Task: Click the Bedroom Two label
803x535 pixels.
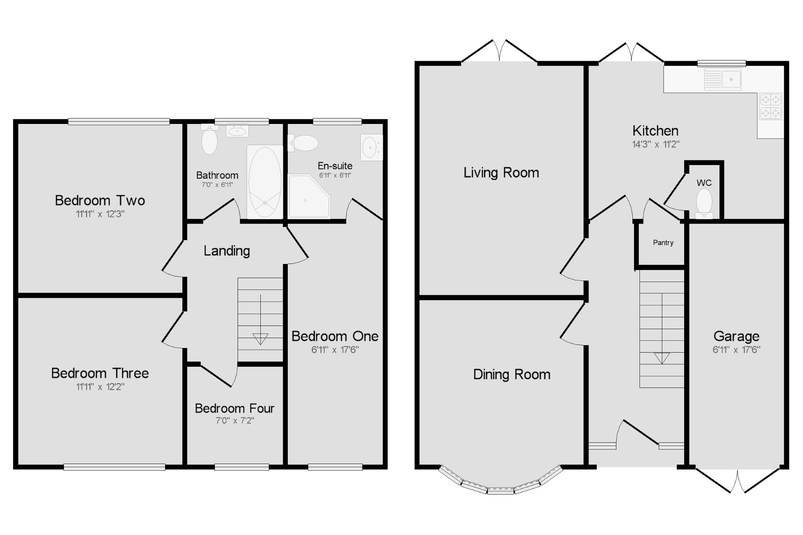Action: [x=100, y=200]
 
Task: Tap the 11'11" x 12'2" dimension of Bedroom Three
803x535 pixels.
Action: [x=100, y=387]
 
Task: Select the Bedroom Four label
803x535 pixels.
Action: [x=234, y=408]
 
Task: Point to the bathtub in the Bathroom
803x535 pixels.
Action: [x=265, y=182]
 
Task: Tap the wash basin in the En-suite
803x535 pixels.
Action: [x=371, y=147]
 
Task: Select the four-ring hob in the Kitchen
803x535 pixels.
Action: [x=770, y=106]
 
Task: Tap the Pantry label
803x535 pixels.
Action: [x=663, y=243]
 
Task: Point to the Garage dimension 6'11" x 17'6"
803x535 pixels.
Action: [x=736, y=350]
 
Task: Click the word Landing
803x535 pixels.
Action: [x=227, y=251]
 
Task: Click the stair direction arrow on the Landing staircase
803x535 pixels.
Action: [x=260, y=338]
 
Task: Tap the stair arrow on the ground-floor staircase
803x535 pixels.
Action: [x=662, y=358]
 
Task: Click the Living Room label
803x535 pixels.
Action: [x=501, y=173]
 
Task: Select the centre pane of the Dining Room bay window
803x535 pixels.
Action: [x=501, y=490]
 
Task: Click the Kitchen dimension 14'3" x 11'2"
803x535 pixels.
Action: [x=656, y=144]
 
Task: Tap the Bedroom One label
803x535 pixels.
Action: [x=335, y=336]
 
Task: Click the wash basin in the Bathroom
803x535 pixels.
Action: [x=237, y=131]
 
